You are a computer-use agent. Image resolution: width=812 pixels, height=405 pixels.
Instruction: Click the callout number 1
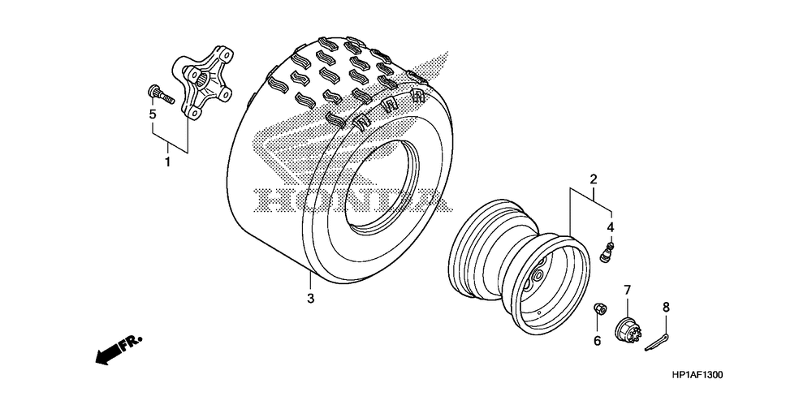click(x=167, y=162)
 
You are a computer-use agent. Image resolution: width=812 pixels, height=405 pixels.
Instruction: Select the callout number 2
click(x=594, y=179)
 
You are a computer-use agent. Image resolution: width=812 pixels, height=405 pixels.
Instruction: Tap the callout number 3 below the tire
click(x=310, y=299)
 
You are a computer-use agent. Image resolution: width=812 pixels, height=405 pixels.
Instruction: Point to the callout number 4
click(x=611, y=226)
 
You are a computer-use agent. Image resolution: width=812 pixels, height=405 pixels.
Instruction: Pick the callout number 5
click(x=153, y=114)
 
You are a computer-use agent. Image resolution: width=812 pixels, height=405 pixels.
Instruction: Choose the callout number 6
click(x=597, y=341)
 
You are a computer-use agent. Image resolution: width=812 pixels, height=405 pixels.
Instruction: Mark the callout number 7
click(x=627, y=290)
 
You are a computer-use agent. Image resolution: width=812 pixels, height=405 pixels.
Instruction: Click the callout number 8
click(x=666, y=307)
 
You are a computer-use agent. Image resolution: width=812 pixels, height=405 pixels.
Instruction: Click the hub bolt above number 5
click(x=161, y=95)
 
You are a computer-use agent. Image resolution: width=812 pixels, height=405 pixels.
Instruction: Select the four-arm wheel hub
click(x=201, y=83)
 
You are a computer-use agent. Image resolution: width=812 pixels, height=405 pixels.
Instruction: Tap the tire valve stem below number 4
click(x=606, y=251)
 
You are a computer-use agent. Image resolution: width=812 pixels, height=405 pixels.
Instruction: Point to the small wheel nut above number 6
click(x=598, y=308)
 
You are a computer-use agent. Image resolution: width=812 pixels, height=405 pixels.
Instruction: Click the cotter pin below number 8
click(x=657, y=343)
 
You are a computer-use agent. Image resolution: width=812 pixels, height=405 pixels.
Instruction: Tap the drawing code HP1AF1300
click(x=697, y=375)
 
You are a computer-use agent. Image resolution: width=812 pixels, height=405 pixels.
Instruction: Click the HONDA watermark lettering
click(x=353, y=200)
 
